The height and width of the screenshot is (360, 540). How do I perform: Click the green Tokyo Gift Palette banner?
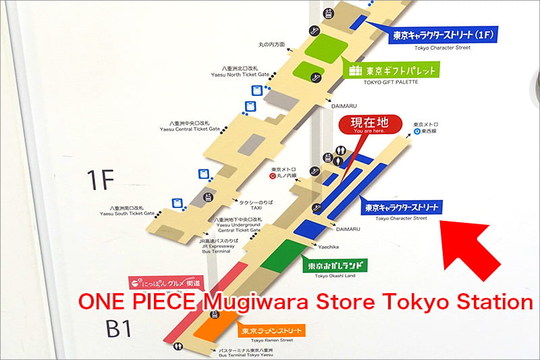coord(392,70)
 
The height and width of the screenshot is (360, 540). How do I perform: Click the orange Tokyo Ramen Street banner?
coord(269,331)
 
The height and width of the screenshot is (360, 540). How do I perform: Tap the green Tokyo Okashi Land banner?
coord(332,266)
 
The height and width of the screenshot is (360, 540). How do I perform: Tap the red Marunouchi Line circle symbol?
coord(272,176)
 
